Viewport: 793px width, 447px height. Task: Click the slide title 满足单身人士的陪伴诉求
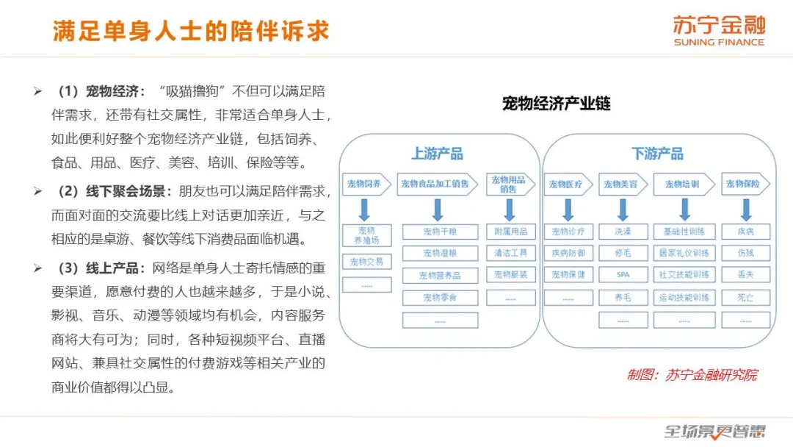point(191,31)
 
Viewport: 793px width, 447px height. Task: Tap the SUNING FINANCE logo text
point(719,43)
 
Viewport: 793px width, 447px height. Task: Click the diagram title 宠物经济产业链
point(557,103)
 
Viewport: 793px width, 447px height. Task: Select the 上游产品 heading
point(437,154)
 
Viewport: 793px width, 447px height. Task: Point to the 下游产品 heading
point(657,154)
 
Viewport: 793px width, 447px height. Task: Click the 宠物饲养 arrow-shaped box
point(366,184)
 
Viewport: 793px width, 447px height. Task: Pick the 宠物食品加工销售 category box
point(438,184)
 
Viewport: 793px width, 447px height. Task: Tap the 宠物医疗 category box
point(568,185)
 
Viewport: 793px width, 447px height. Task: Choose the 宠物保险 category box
point(745,184)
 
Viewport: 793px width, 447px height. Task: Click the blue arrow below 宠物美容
point(623,210)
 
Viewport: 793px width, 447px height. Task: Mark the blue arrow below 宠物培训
point(685,210)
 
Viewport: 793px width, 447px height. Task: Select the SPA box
point(623,275)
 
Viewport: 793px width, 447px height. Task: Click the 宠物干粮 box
point(440,232)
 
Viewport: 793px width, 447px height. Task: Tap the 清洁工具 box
point(511,253)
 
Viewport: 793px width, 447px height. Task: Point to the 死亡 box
point(745,298)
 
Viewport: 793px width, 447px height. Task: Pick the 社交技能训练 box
point(684,275)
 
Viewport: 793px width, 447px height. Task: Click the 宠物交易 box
point(366,262)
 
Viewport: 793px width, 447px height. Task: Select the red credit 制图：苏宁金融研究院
point(692,375)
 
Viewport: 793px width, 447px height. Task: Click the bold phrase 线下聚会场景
point(126,191)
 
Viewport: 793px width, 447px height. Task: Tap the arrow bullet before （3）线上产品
point(38,268)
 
